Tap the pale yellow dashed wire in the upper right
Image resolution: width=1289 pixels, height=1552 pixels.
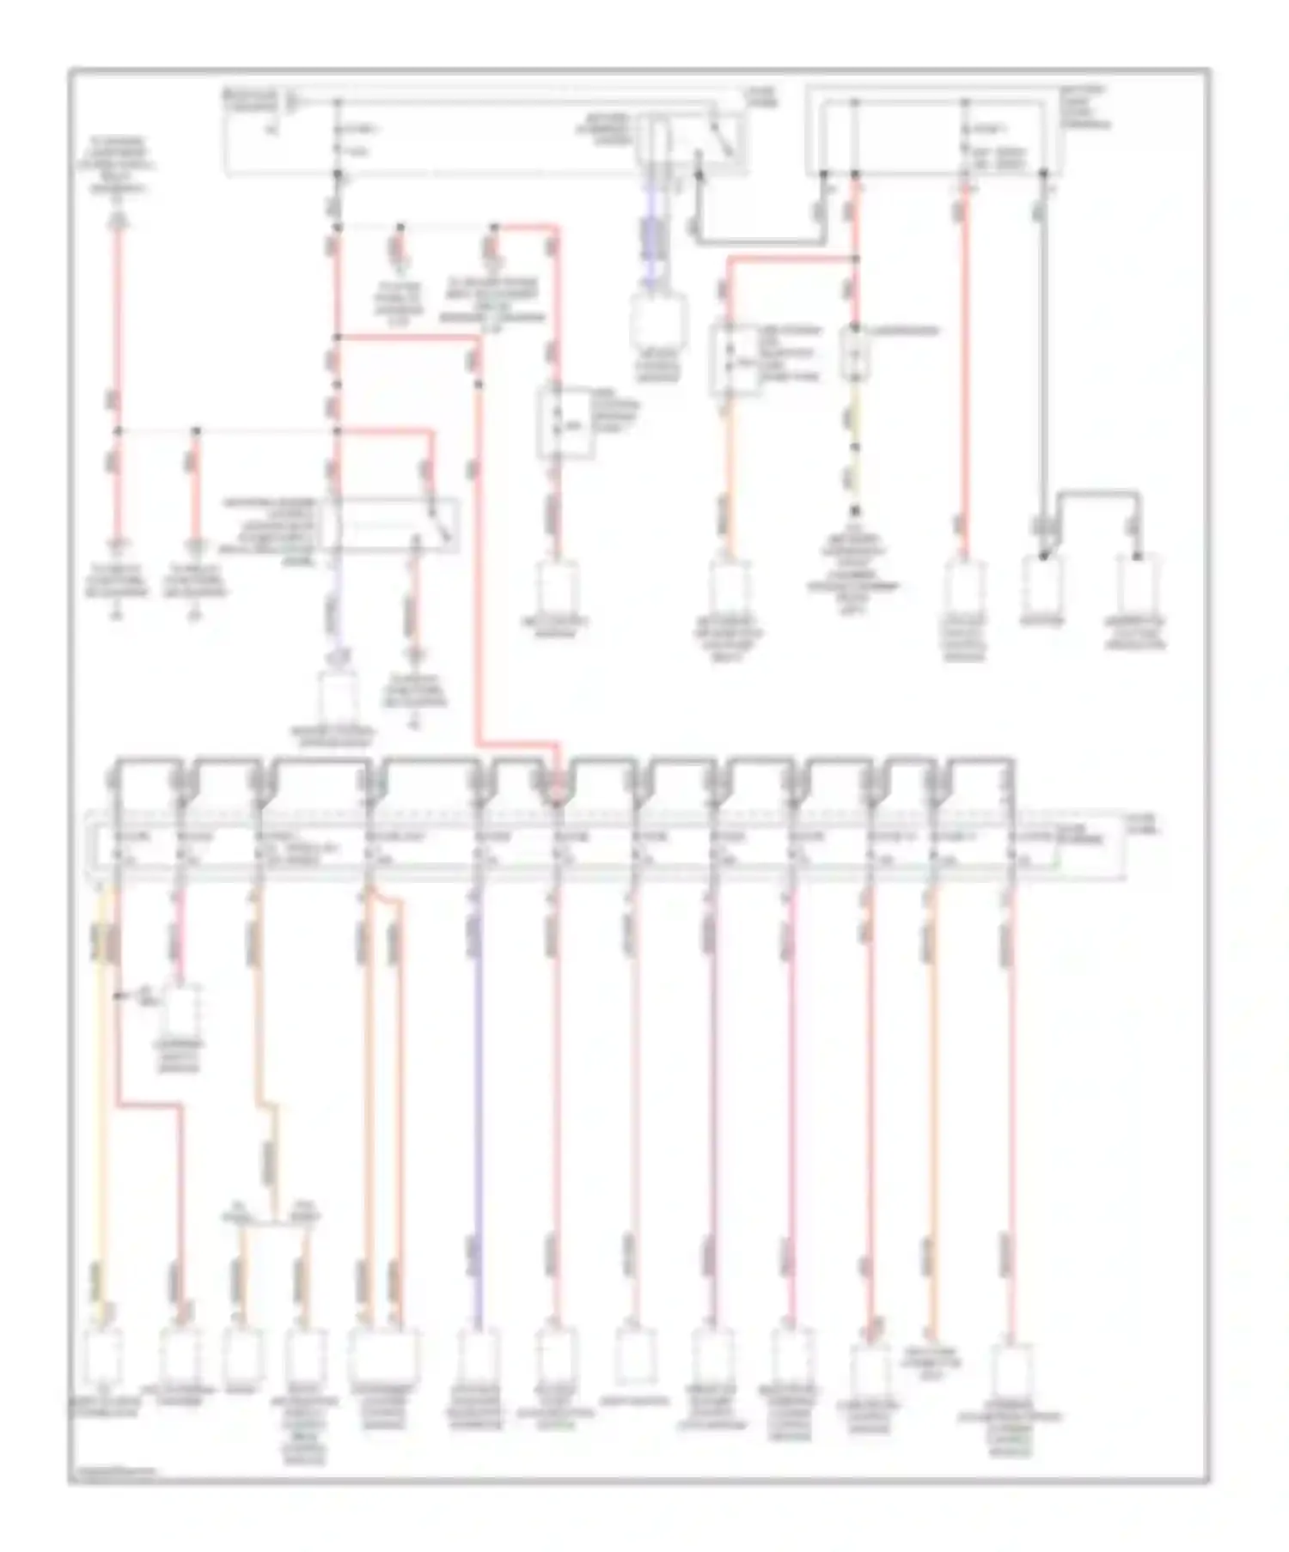tap(855, 447)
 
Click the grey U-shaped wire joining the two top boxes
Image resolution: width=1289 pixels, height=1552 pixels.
tap(756, 240)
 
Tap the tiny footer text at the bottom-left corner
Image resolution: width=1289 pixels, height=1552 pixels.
tap(112, 1474)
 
